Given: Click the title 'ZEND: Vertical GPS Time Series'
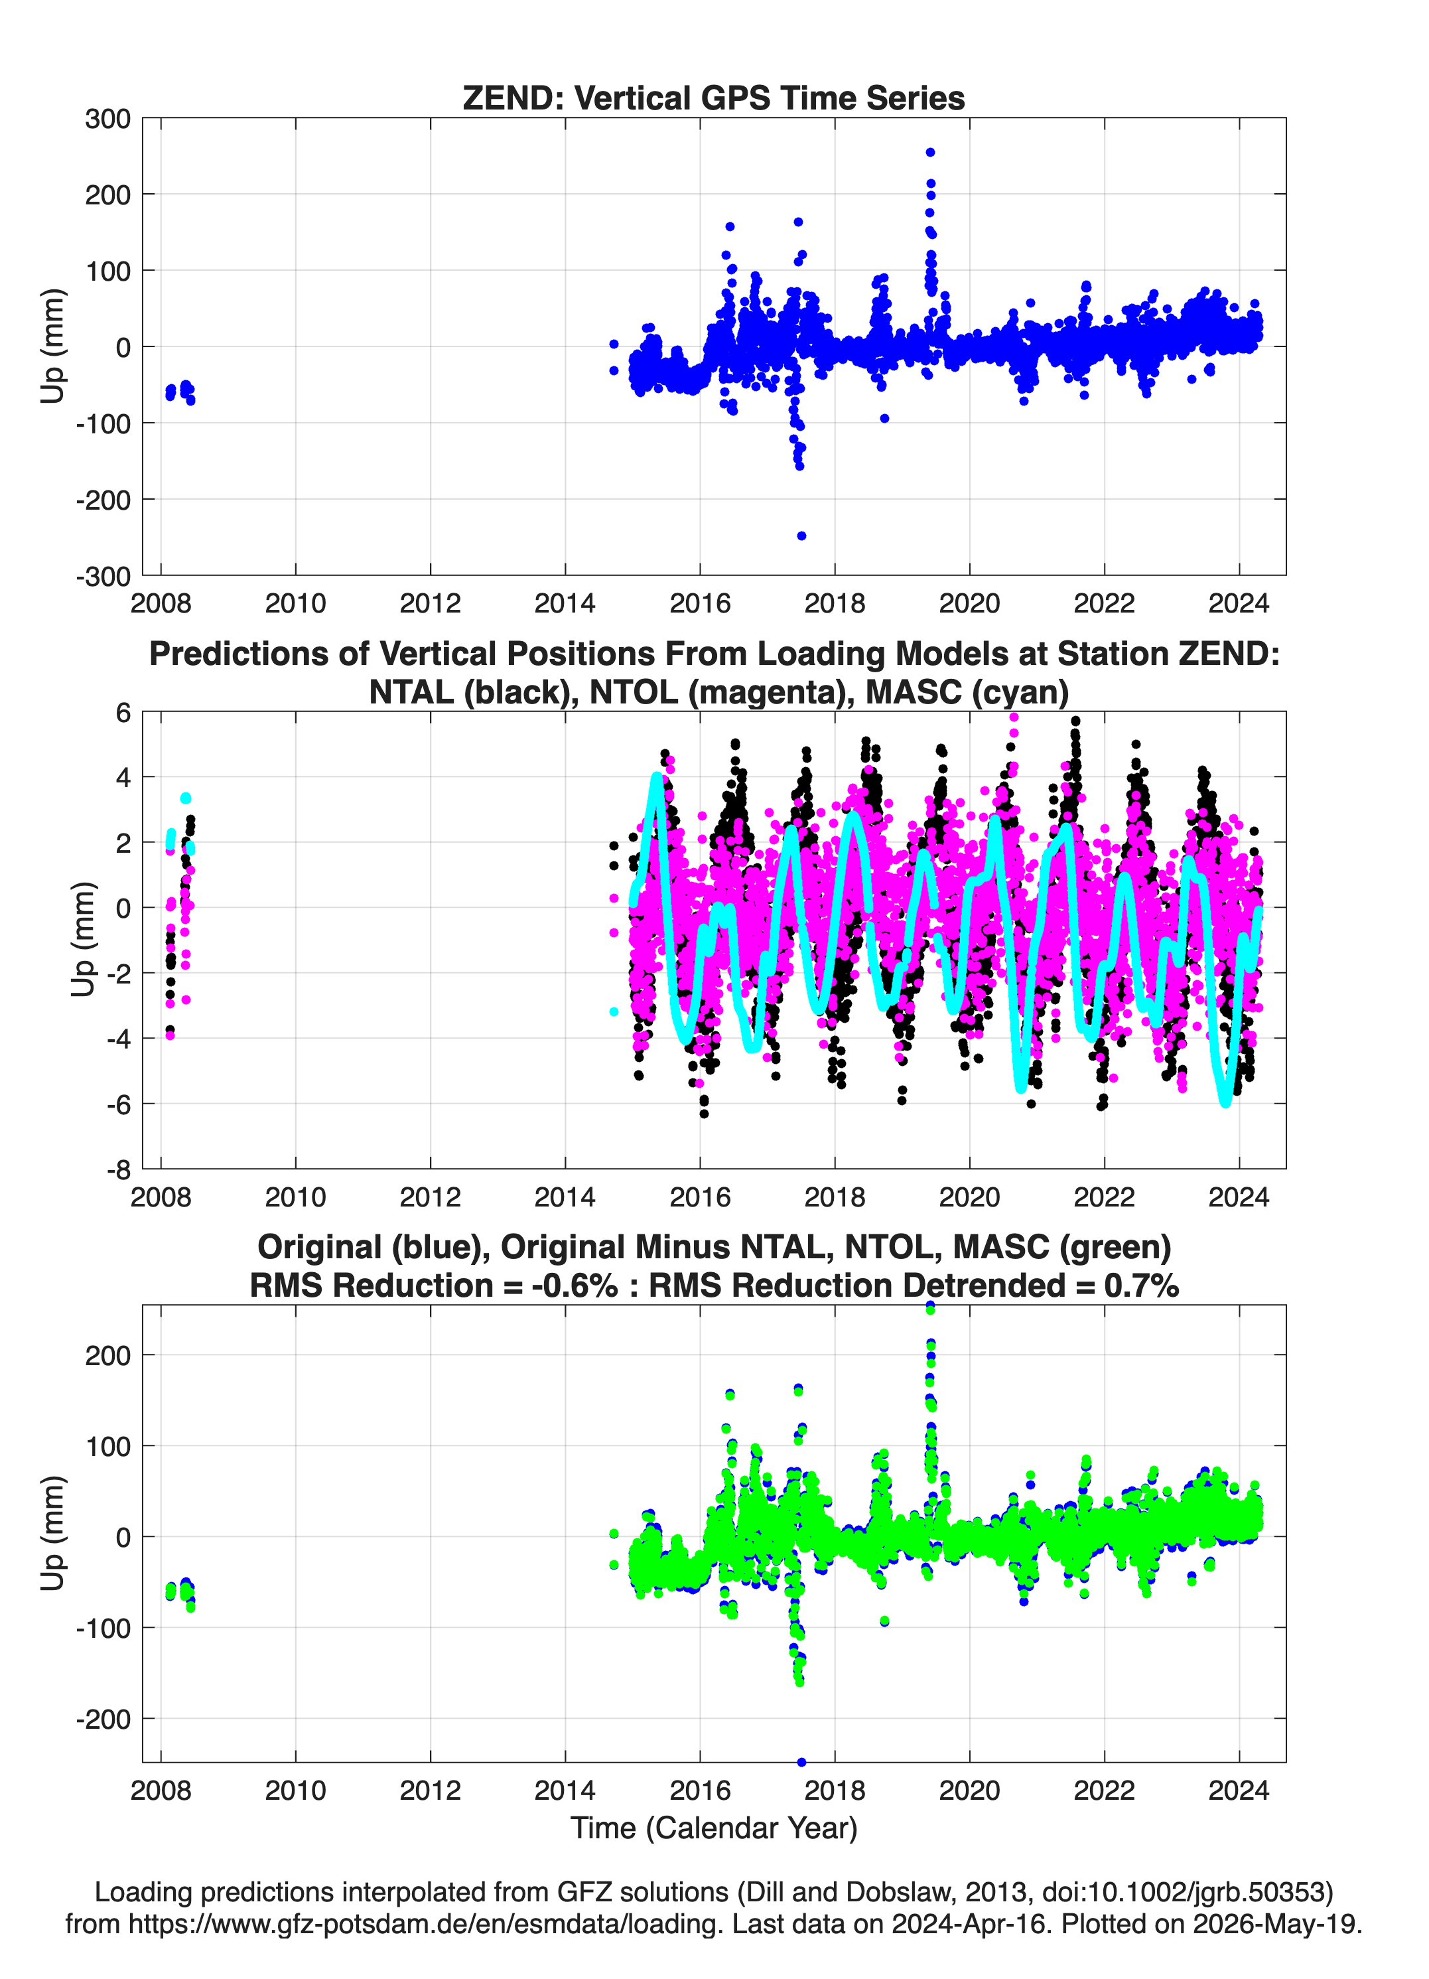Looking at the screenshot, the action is [x=714, y=98].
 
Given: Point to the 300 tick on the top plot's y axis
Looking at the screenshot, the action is [x=107, y=119].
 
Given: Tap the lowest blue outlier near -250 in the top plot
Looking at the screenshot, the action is [x=802, y=536].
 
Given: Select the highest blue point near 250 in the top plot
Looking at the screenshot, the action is [x=930, y=153].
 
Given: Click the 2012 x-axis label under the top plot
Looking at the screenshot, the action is [x=430, y=603].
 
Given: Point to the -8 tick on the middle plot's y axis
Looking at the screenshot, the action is [x=119, y=1169].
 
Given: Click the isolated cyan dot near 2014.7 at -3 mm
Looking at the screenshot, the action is [x=614, y=1012].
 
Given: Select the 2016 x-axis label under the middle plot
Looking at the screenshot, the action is [x=700, y=1197].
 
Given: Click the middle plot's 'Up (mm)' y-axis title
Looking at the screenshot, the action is [x=83, y=940].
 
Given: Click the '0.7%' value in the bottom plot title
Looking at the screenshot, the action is [x=1141, y=1285].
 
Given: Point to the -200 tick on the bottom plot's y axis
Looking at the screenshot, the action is [x=103, y=1719].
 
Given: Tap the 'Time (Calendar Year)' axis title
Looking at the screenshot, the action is [x=714, y=1828].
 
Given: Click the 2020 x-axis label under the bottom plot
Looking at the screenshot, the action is [x=969, y=1791].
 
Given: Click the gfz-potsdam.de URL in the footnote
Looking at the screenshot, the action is [x=426, y=1924].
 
